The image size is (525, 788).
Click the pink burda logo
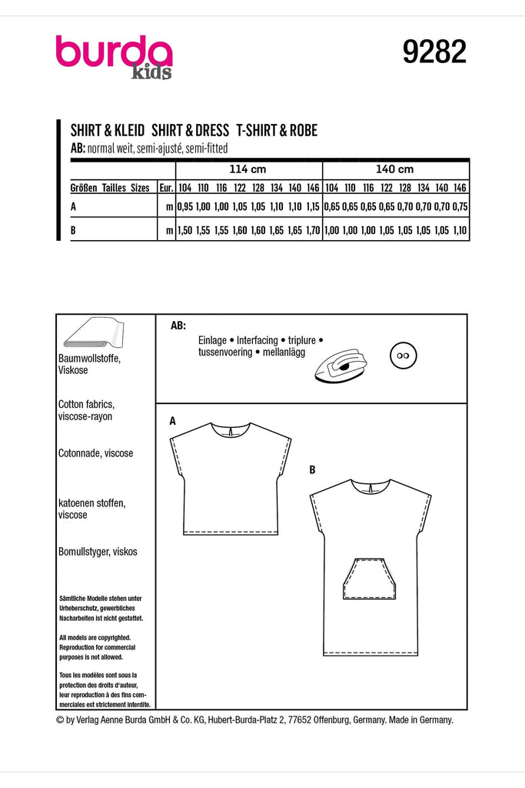(x=113, y=55)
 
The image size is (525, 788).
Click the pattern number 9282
(x=434, y=52)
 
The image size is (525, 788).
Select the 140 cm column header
(x=396, y=169)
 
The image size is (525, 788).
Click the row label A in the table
(x=72, y=207)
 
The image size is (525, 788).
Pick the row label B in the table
(x=72, y=230)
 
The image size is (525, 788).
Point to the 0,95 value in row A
(x=184, y=207)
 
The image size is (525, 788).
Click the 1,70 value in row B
(x=311, y=230)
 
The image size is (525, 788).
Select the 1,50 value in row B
(x=184, y=230)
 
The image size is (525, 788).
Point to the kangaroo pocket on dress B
(x=366, y=578)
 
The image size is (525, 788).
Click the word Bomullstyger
(x=85, y=552)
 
